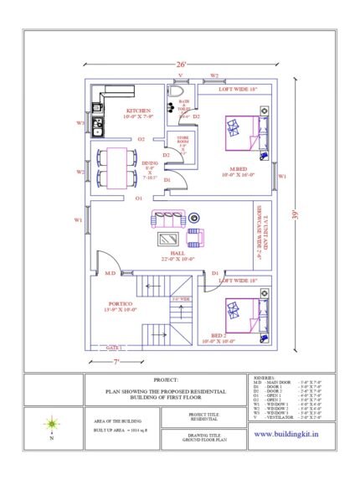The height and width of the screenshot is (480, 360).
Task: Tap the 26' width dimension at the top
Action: pyautogui.click(x=180, y=65)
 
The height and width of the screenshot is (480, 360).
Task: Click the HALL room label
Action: pyautogui.click(x=177, y=252)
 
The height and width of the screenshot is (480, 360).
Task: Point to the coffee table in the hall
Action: pyautogui.click(x=172, y=238)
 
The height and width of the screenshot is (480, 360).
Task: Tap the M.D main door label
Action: pyautogui.click(x=110, y=273)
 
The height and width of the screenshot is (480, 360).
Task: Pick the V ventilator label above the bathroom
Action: pyautogui.click(x=179, y=75)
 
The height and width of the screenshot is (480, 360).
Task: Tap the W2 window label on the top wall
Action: pyautogui.click(x=214, y=75)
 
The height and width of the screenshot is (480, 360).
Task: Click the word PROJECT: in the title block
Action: pyautogui.click(x=166, y=380)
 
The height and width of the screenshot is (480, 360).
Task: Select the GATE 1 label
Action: pyautogui.click(x=114, y=347)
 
